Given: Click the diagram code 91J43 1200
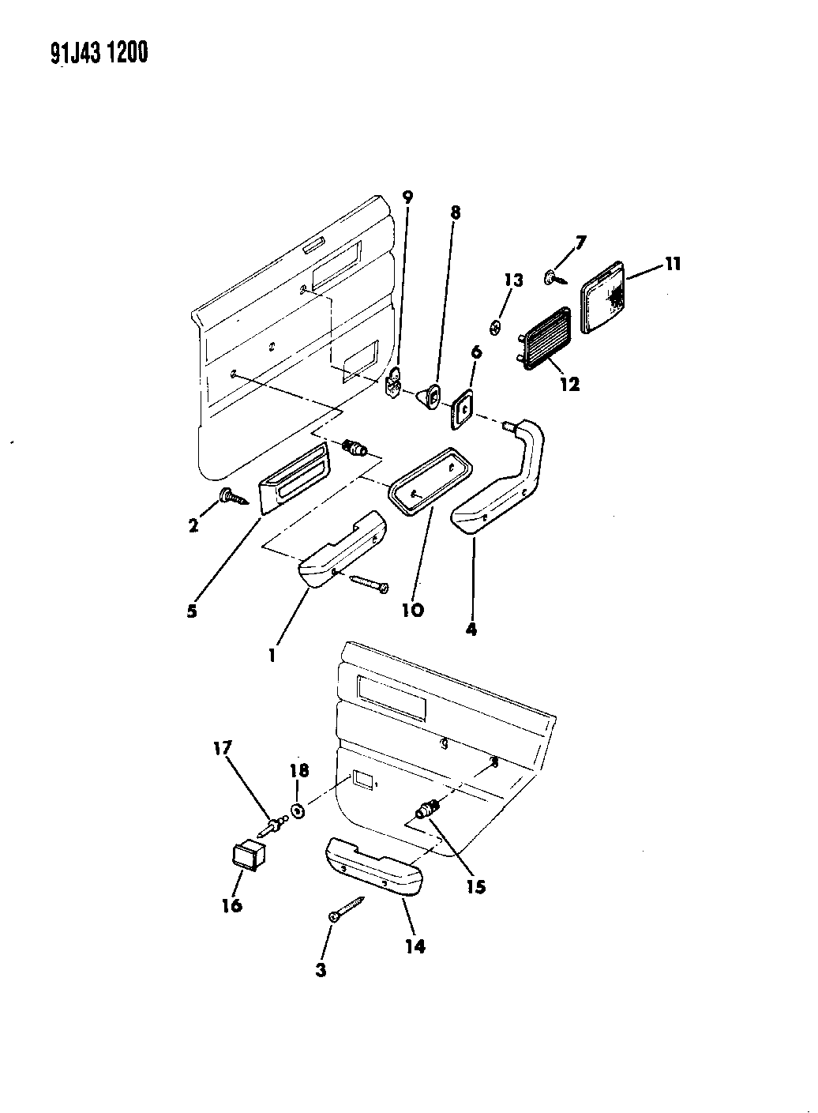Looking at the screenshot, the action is tap(99, 53).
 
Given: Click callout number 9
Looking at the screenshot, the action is tap(407, 197).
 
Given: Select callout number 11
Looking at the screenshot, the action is tap(673, 263).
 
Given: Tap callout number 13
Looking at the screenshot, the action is tap(514, 280).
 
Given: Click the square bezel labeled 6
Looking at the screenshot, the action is tap(463, 409).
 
